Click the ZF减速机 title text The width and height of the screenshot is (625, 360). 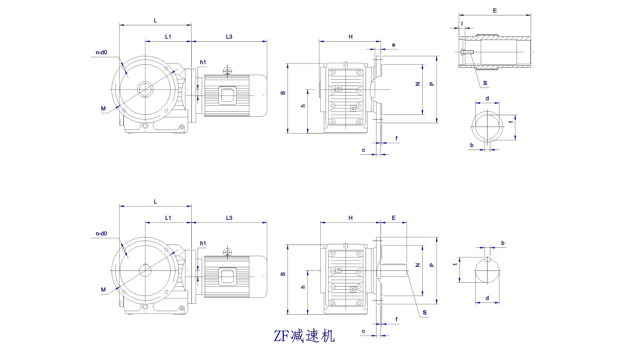[x=304, y=336]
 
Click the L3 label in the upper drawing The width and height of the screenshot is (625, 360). [x=229, y=37]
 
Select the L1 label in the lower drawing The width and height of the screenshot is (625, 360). [x=168, y=218]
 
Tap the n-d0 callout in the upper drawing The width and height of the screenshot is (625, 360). [x=101, y=53]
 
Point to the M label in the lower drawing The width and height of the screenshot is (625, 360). [x=103, y=290]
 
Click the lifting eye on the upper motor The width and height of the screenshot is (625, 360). [x=227, y=71]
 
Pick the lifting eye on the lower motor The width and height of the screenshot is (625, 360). [x=227, y=252]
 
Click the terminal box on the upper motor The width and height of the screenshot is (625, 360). [x=227, y=95]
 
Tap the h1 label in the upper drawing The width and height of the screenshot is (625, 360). [x=203, y=62]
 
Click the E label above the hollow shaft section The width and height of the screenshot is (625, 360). [x=495, y=11]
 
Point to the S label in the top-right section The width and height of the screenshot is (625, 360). [x=485, y=83]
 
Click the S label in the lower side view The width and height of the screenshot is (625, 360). [x=424, y=313]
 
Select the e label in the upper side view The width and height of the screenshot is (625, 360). [x=393, y=45]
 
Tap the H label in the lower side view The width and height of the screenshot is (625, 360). [x=351, y=218]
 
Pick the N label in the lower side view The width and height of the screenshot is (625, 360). [x=417, y=265]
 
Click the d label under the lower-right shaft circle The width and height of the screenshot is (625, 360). [x=487, y=298]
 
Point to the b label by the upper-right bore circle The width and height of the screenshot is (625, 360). [x=472, y=145]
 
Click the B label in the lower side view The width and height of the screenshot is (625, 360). [x=283, y=274]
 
